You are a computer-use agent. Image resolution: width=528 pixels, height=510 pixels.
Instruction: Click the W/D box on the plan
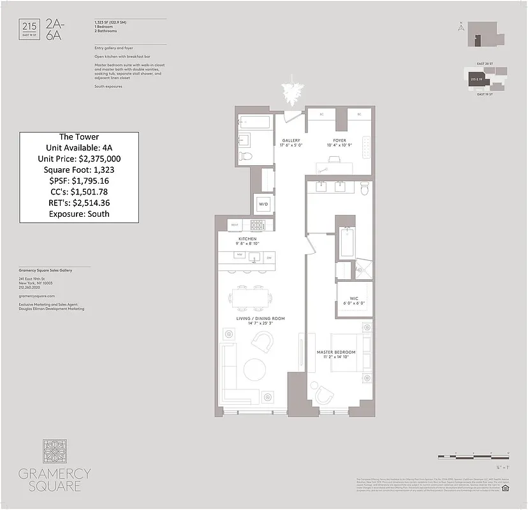(x=263, y=204)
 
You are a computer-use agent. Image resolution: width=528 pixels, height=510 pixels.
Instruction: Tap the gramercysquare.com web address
(x=37, y=296)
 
